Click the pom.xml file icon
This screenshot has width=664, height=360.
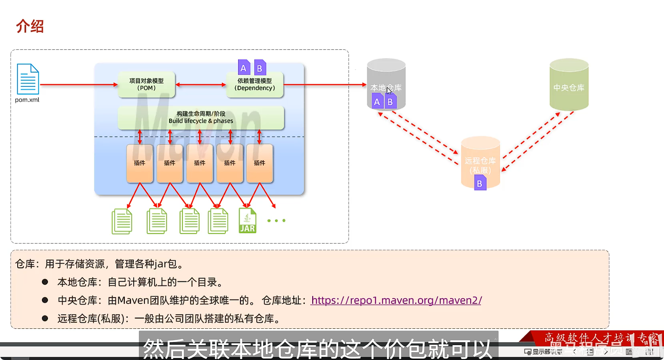28,79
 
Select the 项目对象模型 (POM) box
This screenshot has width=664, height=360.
146,84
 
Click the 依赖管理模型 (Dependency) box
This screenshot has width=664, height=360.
254,85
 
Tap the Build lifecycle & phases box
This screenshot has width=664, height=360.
201,117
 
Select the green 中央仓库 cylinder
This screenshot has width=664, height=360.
568,85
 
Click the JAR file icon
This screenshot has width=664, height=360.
247,220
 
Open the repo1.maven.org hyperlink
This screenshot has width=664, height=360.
396,300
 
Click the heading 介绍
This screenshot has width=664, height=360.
30,27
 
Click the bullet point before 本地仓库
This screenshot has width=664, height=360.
45,282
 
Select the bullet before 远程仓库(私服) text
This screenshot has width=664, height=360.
45,319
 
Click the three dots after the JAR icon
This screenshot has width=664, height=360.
276,220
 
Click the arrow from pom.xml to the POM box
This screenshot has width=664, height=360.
78,85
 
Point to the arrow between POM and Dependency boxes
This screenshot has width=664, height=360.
201,85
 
